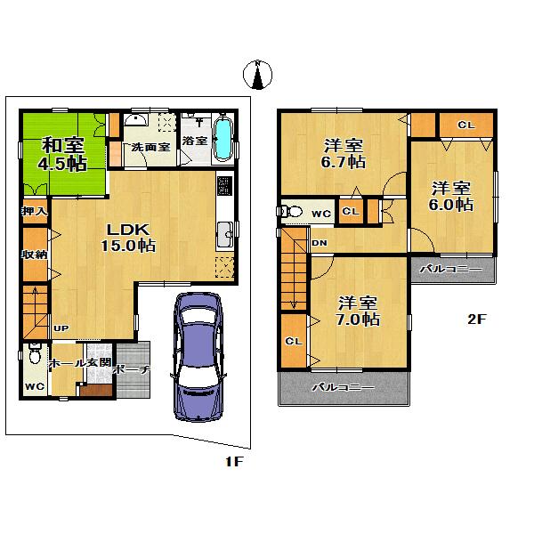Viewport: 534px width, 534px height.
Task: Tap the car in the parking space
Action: [197, 355]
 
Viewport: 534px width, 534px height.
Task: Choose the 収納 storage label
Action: [35, 254]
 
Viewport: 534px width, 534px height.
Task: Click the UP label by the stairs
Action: [61, 328]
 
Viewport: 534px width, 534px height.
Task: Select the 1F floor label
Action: [234, 462]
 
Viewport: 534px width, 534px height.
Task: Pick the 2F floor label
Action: [478, 320]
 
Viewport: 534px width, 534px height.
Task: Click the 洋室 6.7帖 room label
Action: [342, 153]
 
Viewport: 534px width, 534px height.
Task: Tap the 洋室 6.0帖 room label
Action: [451, 196]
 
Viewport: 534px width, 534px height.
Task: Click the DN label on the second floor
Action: [320, 242]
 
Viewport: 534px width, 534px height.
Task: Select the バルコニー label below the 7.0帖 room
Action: [343, 388]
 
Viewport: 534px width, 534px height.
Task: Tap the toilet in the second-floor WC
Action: [287, 213]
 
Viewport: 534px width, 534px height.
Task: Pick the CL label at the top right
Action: [465, 125]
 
